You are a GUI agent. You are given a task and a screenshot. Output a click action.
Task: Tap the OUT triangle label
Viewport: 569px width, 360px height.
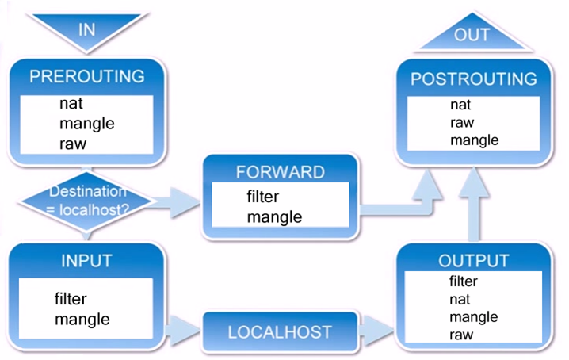tap(472, 35)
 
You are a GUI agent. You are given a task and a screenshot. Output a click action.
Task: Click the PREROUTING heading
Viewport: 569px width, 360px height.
tap(87, 77)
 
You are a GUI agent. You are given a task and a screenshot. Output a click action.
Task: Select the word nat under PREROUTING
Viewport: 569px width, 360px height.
tap(71, 103)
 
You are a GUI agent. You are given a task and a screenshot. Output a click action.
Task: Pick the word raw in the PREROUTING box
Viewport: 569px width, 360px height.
tap(72, 144)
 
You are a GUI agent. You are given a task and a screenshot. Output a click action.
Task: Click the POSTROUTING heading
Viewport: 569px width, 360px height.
tap(473, 79)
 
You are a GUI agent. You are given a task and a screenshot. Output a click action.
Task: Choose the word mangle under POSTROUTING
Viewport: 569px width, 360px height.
tap(474, 140)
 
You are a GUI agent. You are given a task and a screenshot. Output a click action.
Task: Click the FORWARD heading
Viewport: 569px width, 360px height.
tap(281, 172)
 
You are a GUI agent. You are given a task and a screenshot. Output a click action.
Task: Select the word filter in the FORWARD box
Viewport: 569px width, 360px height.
tap(262, 197)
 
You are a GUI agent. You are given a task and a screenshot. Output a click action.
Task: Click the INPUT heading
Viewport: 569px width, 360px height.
tap(87, 261)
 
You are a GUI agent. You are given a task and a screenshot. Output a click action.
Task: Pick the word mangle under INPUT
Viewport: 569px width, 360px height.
tap(82, 320)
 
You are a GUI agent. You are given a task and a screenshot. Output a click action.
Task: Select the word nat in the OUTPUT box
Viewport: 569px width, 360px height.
tap(459, 299)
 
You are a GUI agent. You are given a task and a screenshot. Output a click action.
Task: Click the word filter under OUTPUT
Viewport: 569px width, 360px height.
tap(463, 281)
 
